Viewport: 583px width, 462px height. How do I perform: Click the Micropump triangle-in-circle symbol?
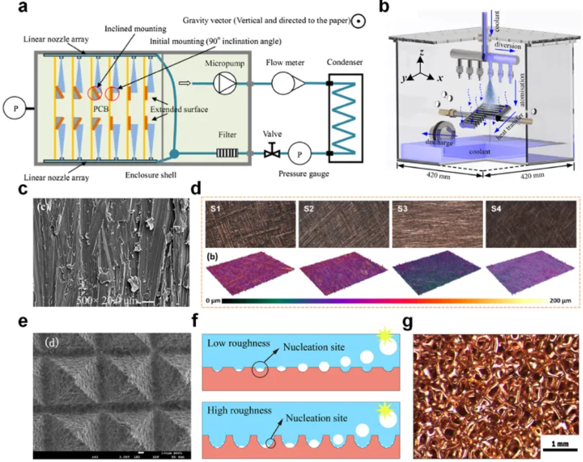click(x=225, y=83)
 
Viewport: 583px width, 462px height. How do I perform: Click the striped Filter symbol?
click(x=227, y=153)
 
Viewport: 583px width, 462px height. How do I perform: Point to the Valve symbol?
click(x=272, y=151)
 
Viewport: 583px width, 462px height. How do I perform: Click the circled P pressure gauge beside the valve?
click(x=299, y=154)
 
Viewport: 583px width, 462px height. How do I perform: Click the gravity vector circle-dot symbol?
click(x=358, y=21)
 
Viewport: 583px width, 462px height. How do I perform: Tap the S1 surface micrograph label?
click(x=216, y=208)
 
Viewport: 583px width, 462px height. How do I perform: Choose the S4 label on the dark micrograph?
click(x=496, y=208)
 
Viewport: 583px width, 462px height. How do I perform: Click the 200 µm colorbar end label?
click(x=560, y=301)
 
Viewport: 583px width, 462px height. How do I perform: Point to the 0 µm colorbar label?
click(x=213, y=301)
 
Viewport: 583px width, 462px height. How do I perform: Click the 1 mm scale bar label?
click(x=560, y=444)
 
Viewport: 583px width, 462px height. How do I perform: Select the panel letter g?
click(x=408, y=322)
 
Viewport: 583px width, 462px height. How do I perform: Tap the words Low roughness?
click(x=238, y=343)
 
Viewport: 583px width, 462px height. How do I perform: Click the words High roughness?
click(x=239, y=410)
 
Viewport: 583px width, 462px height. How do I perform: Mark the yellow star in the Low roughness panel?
click(x=384, y=336)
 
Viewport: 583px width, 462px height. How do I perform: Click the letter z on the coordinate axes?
click(x=421, y=55)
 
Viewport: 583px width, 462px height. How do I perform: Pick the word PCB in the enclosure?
click(x=101, y=109)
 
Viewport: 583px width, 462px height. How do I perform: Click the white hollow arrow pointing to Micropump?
click(x=184, y=83)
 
